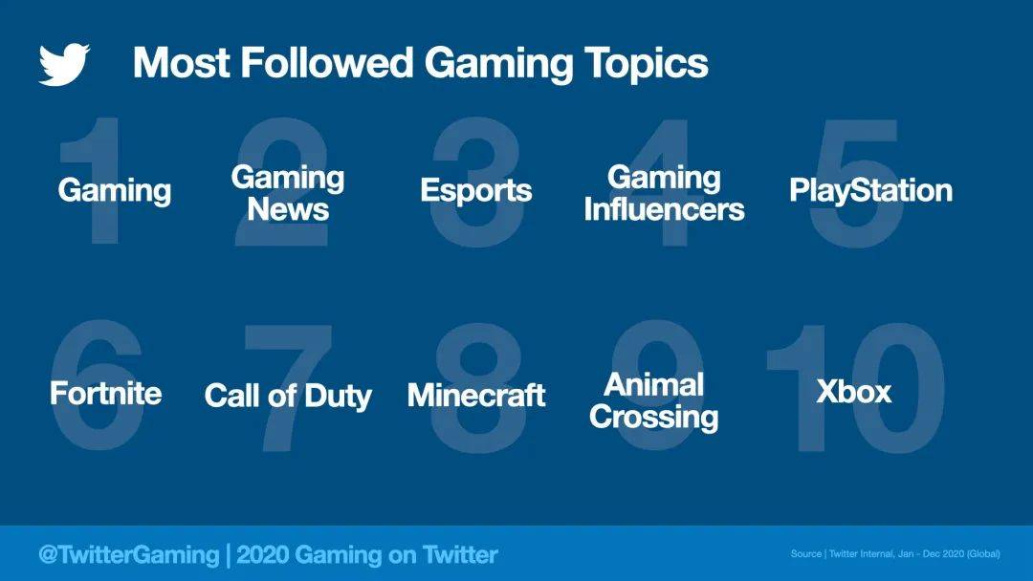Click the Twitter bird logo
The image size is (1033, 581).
click(x=64, y=64)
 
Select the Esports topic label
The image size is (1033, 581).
click(x=475, y=191)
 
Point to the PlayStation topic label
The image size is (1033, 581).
click(x=871, y=191)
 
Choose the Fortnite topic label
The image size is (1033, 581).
click(x=106, y=394)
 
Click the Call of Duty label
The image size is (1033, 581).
click(x=288, y=397)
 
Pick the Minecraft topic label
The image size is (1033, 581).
click(x=476, y=396)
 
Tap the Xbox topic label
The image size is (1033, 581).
click(x=854, y=392)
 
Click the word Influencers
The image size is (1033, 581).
click(x=664, y=210)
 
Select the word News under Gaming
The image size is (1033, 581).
click(x=288, y=210)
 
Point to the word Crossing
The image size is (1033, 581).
click(x=653, y=418)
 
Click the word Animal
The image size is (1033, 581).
click(x=653, y=385)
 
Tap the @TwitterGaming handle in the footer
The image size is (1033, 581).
click(x=128, y=554)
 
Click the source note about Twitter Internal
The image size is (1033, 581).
click(x=895, y=554)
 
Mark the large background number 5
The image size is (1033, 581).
click(x=856, y=183)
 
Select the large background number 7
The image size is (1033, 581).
click(x=288, y=388)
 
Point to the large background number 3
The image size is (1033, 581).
click(x=476, y=183)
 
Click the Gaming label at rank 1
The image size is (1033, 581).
click(x=115, y=191)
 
